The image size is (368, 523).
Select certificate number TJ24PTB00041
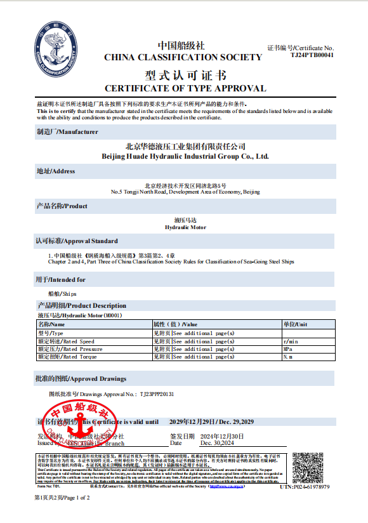312,55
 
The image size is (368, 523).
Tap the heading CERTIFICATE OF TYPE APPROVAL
185,88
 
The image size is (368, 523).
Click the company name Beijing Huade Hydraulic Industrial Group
185,156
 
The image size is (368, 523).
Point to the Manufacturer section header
67,132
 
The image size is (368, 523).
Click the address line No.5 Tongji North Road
185,192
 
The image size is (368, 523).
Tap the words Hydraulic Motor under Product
185,227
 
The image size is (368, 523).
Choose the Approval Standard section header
77,241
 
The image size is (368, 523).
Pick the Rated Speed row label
66,341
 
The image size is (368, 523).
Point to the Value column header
175,324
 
